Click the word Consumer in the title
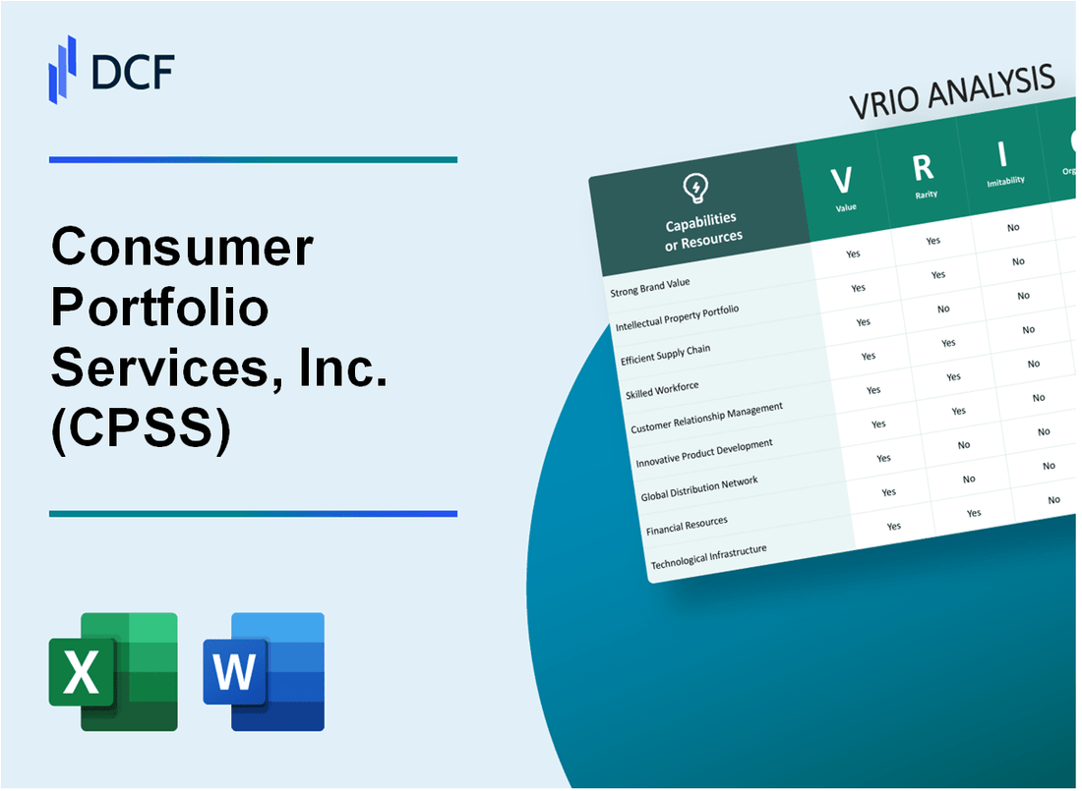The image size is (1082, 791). tap(182, 247)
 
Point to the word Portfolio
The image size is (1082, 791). tap(159, 311)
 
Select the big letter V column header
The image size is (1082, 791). tap(841, 180)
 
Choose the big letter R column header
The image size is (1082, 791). tap(922, 168)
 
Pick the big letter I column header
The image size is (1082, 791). tap(1002, 155)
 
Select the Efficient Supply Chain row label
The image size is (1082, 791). tap(665, 355)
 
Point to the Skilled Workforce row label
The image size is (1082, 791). tap(663, 391)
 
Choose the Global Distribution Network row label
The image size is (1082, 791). tap(699, 488)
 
